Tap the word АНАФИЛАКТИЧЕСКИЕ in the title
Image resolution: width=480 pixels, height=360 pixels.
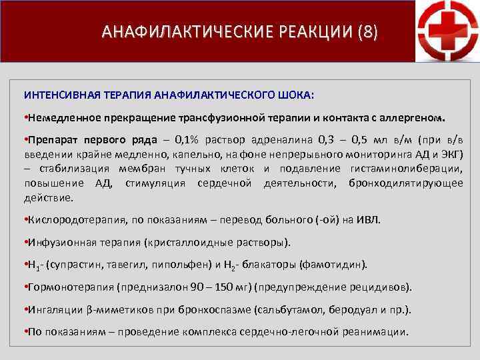[x=175, y=31]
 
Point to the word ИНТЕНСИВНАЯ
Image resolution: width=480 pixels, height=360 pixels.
[x=56, y=95]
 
